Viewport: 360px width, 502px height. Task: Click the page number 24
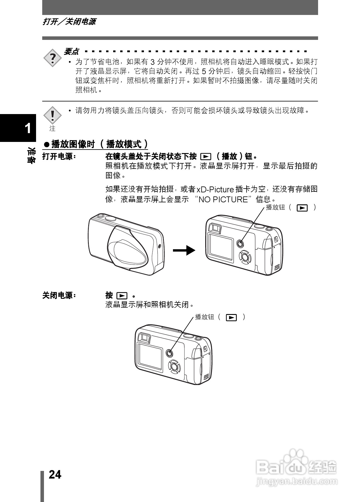tap(55, 474)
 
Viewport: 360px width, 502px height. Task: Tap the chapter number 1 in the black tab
tap(28, 128)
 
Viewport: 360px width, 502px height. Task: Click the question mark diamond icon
tap(53, 58)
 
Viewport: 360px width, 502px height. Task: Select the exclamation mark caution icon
tap(52, 115)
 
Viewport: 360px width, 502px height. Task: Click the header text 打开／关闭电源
tap(69, 22)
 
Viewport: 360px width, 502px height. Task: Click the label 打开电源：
tap(59, 157)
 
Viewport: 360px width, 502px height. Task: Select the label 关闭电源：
tap(59, 295)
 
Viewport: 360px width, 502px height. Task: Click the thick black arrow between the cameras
tap(184, 250)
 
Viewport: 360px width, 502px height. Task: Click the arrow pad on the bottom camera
tap(174, 366)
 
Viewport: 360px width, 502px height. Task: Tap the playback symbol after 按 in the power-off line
tap(122, 295)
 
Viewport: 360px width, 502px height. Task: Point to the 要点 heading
tap(71, 52)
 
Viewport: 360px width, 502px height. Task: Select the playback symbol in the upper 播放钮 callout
tap(302, 208)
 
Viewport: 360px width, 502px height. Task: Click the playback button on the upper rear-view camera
tap(240, 243)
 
